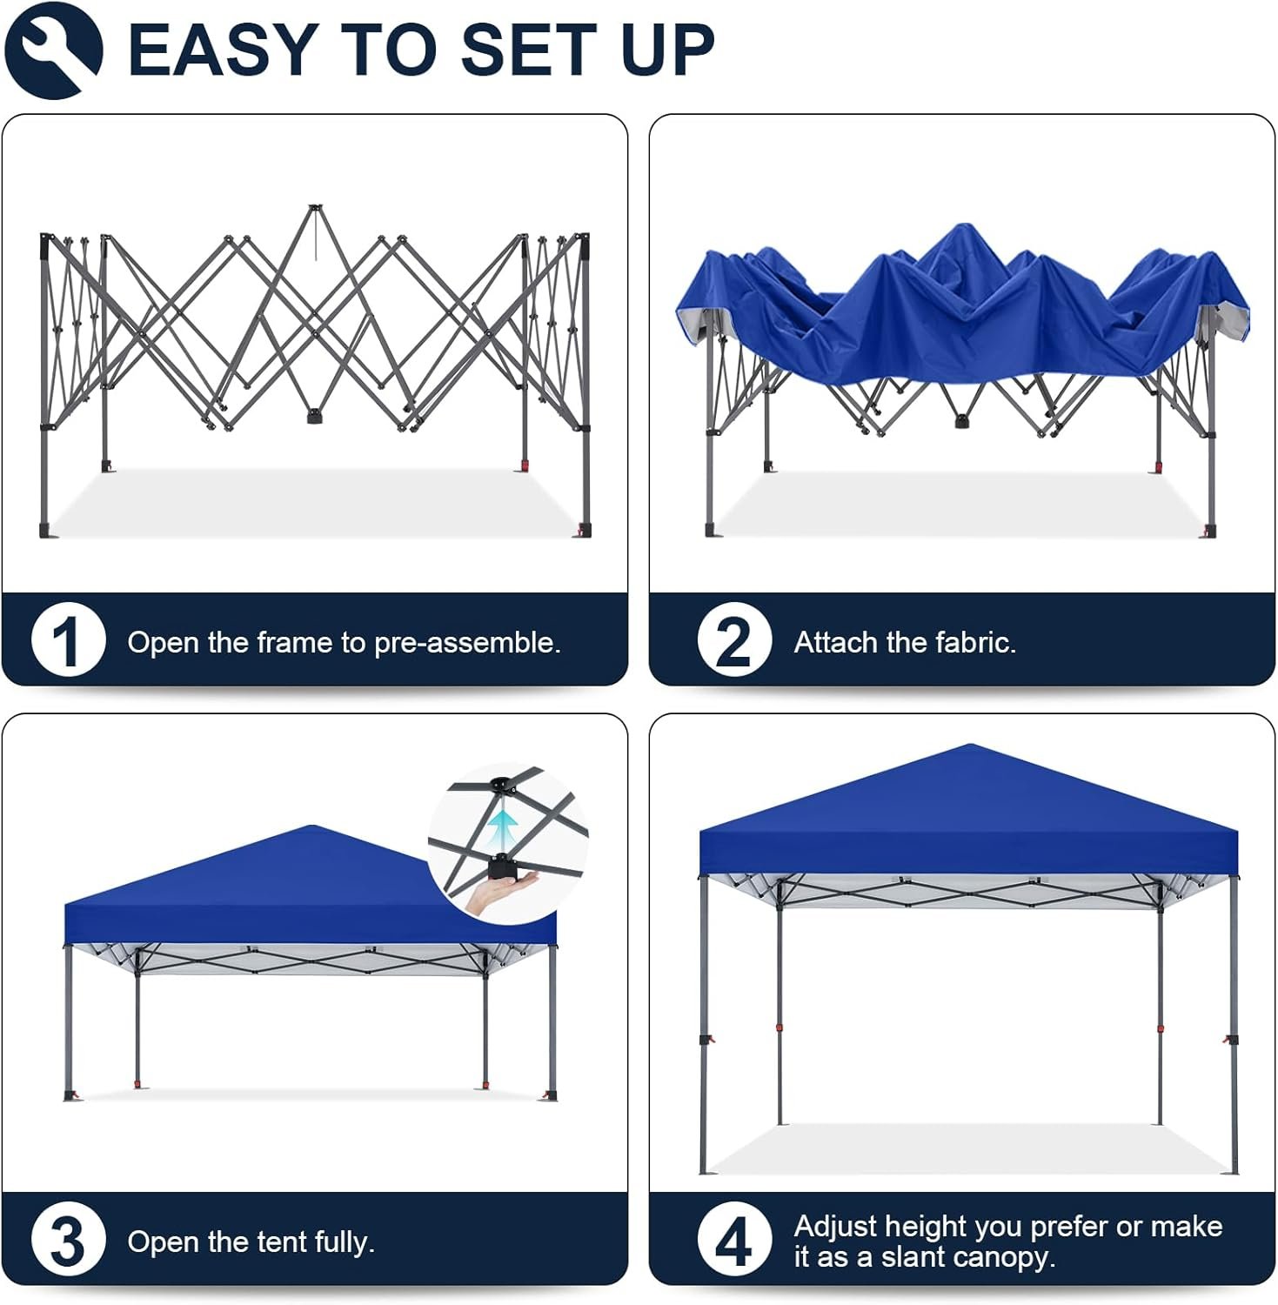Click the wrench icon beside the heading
(x=53, y=50)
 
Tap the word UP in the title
(x=667, y=50)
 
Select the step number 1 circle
(x=68, y=641)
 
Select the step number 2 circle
(x=733, y=641)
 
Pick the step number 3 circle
(x=68, y=1241)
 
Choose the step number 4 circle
(x=733, y=1241)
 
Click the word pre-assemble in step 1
(x=466, y=643)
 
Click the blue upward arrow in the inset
(x=503, y=828)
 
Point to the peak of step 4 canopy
(x=969, y=746)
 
